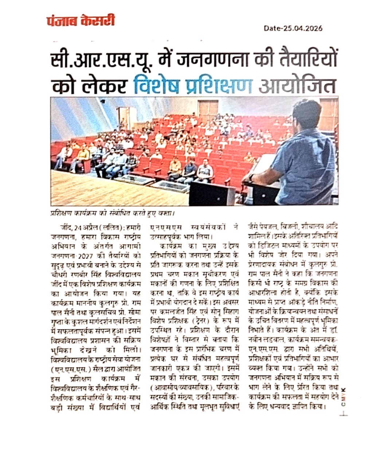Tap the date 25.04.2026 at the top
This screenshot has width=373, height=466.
(x=293, y=28)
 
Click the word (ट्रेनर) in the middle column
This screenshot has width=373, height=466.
(x=200, y=320)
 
